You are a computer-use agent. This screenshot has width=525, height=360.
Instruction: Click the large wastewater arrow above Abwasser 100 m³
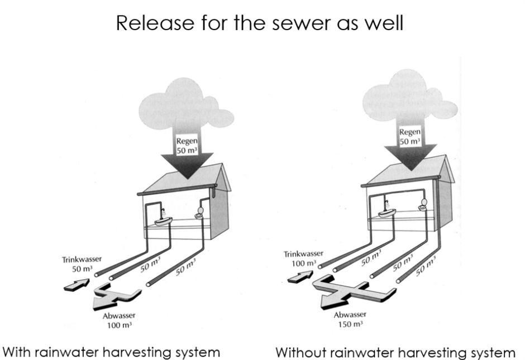114,295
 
